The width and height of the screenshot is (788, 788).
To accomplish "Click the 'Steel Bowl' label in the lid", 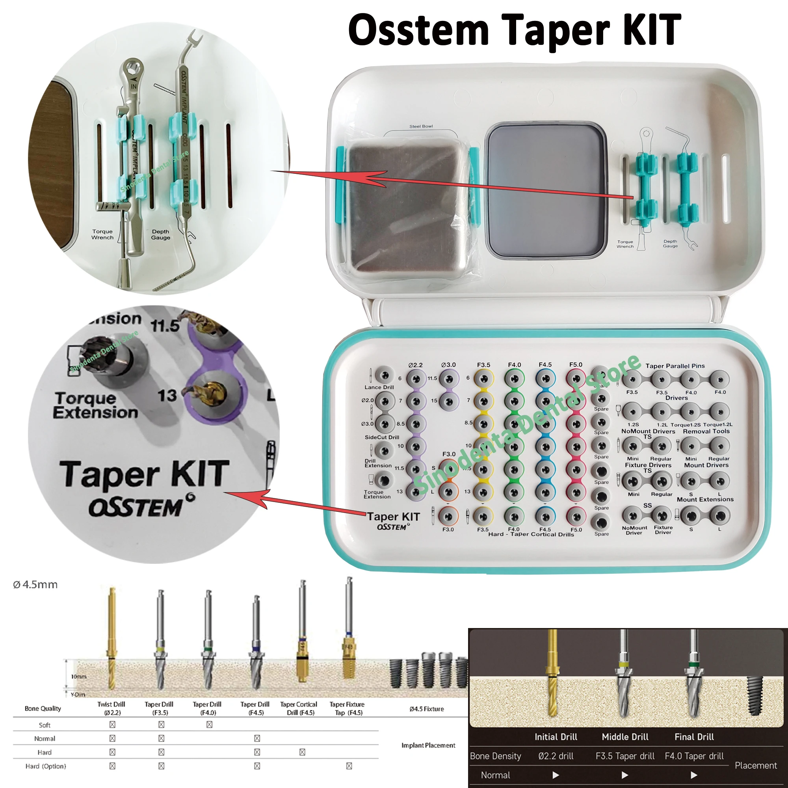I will coord(421,126).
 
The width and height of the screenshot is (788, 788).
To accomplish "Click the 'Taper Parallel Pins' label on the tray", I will coord(675,366).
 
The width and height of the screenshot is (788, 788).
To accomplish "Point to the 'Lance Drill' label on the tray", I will coord(379,387).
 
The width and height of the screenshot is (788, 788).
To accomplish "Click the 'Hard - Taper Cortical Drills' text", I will coord(531,534).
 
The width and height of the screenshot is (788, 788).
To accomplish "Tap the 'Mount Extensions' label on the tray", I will coord(705,499).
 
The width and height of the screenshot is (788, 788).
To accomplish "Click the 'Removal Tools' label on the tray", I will coord(706,431).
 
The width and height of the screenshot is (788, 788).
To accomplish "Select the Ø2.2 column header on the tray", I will coord(415,365).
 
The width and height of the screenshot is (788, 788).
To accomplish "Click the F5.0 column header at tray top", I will coord(576,364).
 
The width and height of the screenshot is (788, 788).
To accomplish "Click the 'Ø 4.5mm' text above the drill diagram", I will coord(35,585).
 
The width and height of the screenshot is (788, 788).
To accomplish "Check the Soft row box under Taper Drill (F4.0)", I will coord(209,725).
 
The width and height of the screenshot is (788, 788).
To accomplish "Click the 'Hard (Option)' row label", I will coord(45,766).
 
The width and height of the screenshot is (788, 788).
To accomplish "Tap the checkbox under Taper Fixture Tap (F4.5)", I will coord(349,766).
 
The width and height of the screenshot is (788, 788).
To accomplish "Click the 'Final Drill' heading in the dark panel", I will coord(694,737).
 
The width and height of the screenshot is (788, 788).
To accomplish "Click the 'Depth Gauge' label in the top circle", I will coord(160,234).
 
